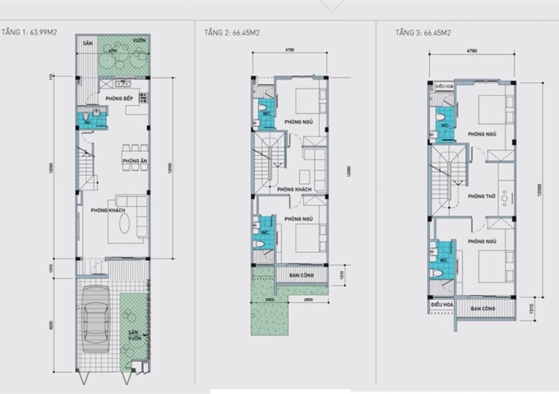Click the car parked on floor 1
pos(97,324)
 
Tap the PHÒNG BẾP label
pos(119,99)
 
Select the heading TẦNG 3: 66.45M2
pos(423,33)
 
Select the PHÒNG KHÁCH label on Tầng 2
pos(293,190)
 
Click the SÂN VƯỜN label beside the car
pos(132,337)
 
